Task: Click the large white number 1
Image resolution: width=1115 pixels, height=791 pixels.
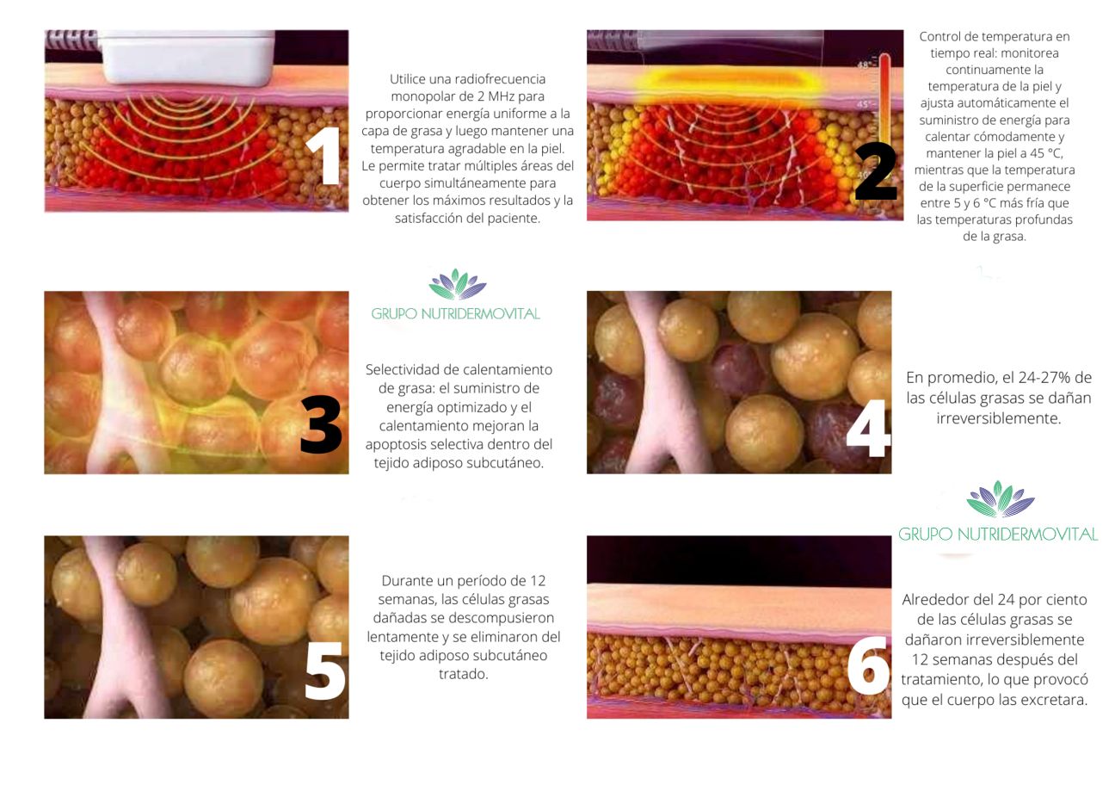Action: click(x=323, y=156)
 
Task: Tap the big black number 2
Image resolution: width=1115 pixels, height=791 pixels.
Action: click(x=876, y=170)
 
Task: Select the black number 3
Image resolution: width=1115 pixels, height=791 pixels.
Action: click(x=321, y=423)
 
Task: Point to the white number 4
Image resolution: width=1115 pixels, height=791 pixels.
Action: click(x=868, y=428)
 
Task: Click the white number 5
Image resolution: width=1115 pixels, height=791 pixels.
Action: click(x=324, y=670)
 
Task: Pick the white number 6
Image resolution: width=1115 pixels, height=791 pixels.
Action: click(x=868, y=665)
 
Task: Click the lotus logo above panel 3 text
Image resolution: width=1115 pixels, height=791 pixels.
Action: click(x=458, y=284)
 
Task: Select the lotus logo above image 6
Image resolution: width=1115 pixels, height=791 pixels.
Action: click(x=1001, y=499)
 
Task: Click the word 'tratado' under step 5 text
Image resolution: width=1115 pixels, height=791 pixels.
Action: click(x=462, y=674)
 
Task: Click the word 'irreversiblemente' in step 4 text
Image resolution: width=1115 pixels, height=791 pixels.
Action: click(x=999, y=418)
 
